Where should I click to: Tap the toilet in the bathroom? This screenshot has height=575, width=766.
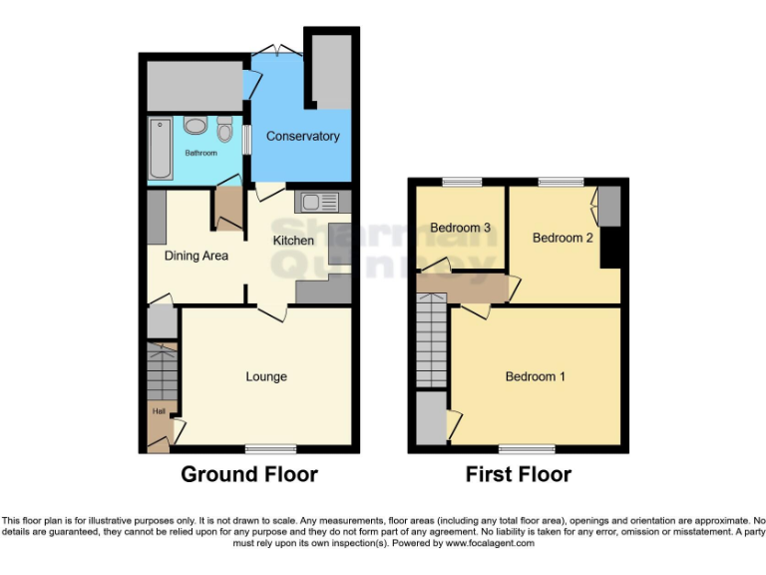224,130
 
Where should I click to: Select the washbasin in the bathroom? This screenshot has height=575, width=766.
194,126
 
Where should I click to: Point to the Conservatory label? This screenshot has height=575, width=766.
302,136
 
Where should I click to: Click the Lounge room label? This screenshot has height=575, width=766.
266,376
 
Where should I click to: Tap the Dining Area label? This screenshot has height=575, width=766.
196,256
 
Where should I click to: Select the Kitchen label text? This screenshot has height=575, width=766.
294,241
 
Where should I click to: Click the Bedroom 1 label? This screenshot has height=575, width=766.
536,376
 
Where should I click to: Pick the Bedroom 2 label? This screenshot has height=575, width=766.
563,238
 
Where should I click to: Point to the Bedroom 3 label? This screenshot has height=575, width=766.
460,228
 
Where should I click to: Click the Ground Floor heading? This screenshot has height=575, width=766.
249,474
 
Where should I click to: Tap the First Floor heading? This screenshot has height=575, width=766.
519,474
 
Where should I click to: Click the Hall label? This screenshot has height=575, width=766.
158,410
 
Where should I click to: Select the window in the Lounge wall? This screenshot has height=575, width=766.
271,448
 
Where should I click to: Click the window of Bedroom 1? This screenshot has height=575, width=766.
528,448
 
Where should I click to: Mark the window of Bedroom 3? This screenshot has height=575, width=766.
462,182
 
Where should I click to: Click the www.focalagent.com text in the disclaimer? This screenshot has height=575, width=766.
490,544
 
